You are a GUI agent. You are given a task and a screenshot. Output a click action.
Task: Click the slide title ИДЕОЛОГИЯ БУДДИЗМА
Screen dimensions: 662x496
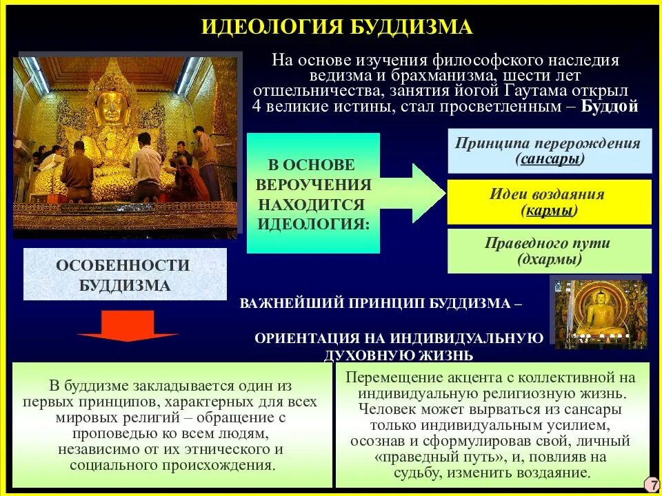(337, 27)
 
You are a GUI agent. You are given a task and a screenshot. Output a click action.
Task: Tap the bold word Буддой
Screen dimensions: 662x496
(610, 107)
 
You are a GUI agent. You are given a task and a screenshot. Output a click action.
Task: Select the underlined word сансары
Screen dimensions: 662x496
(550, 159)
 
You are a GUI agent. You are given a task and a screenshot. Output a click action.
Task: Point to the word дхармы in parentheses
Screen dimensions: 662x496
(550, 260)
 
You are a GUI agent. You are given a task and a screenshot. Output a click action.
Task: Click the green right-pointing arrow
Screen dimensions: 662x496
(420, 193)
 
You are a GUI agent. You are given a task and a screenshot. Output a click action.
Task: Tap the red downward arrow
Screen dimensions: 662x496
(128, 327)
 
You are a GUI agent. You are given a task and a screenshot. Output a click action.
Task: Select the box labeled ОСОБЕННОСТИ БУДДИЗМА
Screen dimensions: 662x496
(125, 275)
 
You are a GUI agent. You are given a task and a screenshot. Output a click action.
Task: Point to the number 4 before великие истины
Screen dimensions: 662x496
(257, 107)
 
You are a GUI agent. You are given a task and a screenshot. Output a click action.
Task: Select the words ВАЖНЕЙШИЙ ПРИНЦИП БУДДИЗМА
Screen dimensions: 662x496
(375, 304)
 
